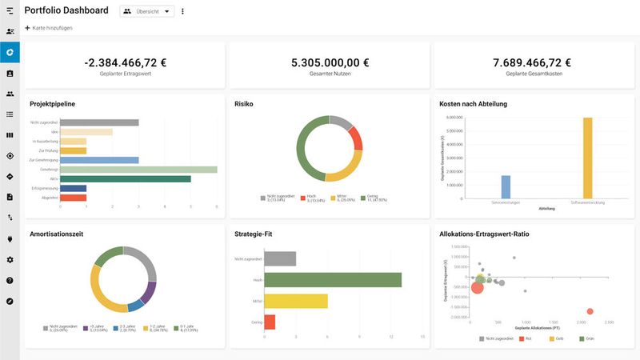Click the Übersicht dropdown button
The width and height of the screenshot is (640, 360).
click(146, 11)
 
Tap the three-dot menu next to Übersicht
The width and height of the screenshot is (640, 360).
click(182, 11)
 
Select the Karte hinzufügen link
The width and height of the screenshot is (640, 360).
click(50, 28)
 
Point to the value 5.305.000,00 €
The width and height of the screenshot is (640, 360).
click(330, 62)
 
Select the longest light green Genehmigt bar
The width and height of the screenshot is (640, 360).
click(138, 170)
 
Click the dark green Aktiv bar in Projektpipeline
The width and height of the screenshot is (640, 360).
click(125, 179)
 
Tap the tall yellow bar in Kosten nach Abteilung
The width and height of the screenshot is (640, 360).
click(587, 157)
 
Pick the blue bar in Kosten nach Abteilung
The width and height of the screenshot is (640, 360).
click(506, 186)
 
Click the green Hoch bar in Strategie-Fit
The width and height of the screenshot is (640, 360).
click(333, 280)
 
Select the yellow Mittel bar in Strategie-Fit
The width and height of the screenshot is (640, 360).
click(296, 301)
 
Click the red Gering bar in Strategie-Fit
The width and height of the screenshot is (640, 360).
click(270, 322)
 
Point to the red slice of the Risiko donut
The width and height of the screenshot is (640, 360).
click(357, 139)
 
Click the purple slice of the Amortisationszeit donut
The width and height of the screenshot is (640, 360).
click(150, 292)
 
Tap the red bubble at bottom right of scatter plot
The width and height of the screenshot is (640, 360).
click(590, 311)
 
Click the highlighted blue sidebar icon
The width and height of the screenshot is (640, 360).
click(10, 53)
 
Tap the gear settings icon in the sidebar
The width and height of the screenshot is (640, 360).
click(10, 260)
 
